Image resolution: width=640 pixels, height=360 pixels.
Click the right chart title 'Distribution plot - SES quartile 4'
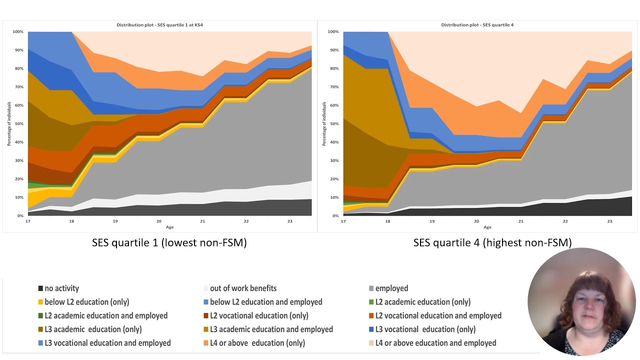click(477, 24)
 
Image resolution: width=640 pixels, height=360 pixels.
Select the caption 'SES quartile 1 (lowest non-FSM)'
click(169, 243)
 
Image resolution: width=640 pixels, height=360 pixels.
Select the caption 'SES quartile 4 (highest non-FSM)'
click(492, 243)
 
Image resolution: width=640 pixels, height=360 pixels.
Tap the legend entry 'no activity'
click(61, 288)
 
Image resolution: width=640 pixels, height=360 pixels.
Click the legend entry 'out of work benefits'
click(243, 288)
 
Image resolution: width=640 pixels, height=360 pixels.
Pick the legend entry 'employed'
click(391, 288)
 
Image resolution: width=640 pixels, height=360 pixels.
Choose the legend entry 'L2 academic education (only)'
click(422, 302)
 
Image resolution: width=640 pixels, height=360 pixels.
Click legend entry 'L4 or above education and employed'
click(435, 343)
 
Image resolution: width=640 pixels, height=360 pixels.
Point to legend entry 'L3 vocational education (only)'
click(425, 329)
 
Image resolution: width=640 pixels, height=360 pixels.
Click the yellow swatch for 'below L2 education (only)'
click(40, 302)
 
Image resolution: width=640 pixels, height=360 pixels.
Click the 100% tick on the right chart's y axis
click(333, 32)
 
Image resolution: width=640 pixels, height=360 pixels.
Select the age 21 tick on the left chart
click(202, 220)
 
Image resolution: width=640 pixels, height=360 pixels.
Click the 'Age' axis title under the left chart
click(170, 227)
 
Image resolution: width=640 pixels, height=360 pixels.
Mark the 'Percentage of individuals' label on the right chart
click(324, 124)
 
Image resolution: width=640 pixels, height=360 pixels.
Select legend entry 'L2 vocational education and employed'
click(438, 316)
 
